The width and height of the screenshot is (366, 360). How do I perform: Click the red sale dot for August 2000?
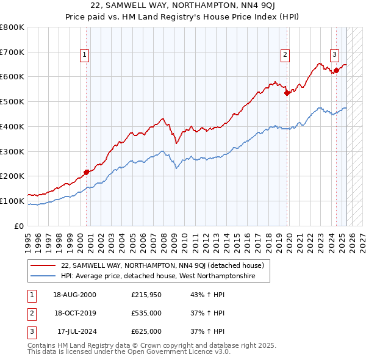pyautogui.click(x=87, y=172)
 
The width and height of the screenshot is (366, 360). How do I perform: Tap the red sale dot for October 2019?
pyautogui.click(x=287, y=93)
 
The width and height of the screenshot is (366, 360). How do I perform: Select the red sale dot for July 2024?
pyautogui.click(x=337, y=70)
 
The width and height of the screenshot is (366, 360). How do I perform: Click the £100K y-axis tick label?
pyautogui.click(x=12, y=201)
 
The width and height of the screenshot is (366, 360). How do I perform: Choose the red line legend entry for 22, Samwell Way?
pyautogui.click(x=162, y=265)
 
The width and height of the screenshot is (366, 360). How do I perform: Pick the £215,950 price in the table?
pyautogui.click(x=146, y=295)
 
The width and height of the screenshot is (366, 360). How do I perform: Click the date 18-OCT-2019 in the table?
pyautogui.click(x=76, y=313)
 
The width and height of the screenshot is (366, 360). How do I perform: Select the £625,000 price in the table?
pyautogui.click(x=146, y=331)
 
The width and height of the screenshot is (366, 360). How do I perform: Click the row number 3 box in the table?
pyautogui.click(x=30, y=331)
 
